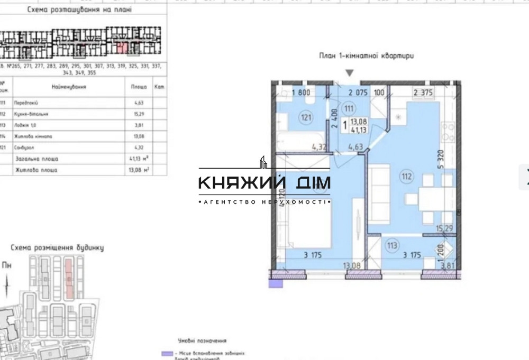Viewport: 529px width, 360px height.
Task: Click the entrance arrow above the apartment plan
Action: [349, 73]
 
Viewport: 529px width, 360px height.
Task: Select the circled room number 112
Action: [406, 177]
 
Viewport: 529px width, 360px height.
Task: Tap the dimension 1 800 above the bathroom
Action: [300, 93]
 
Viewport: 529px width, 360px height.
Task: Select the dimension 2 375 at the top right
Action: [423, 93]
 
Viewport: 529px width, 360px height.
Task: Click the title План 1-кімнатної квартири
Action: [366, 56]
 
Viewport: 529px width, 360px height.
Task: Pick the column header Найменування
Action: [69, 86]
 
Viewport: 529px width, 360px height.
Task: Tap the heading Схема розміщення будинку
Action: [58, 247]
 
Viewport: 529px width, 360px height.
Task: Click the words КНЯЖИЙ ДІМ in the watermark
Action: [264, 183]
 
